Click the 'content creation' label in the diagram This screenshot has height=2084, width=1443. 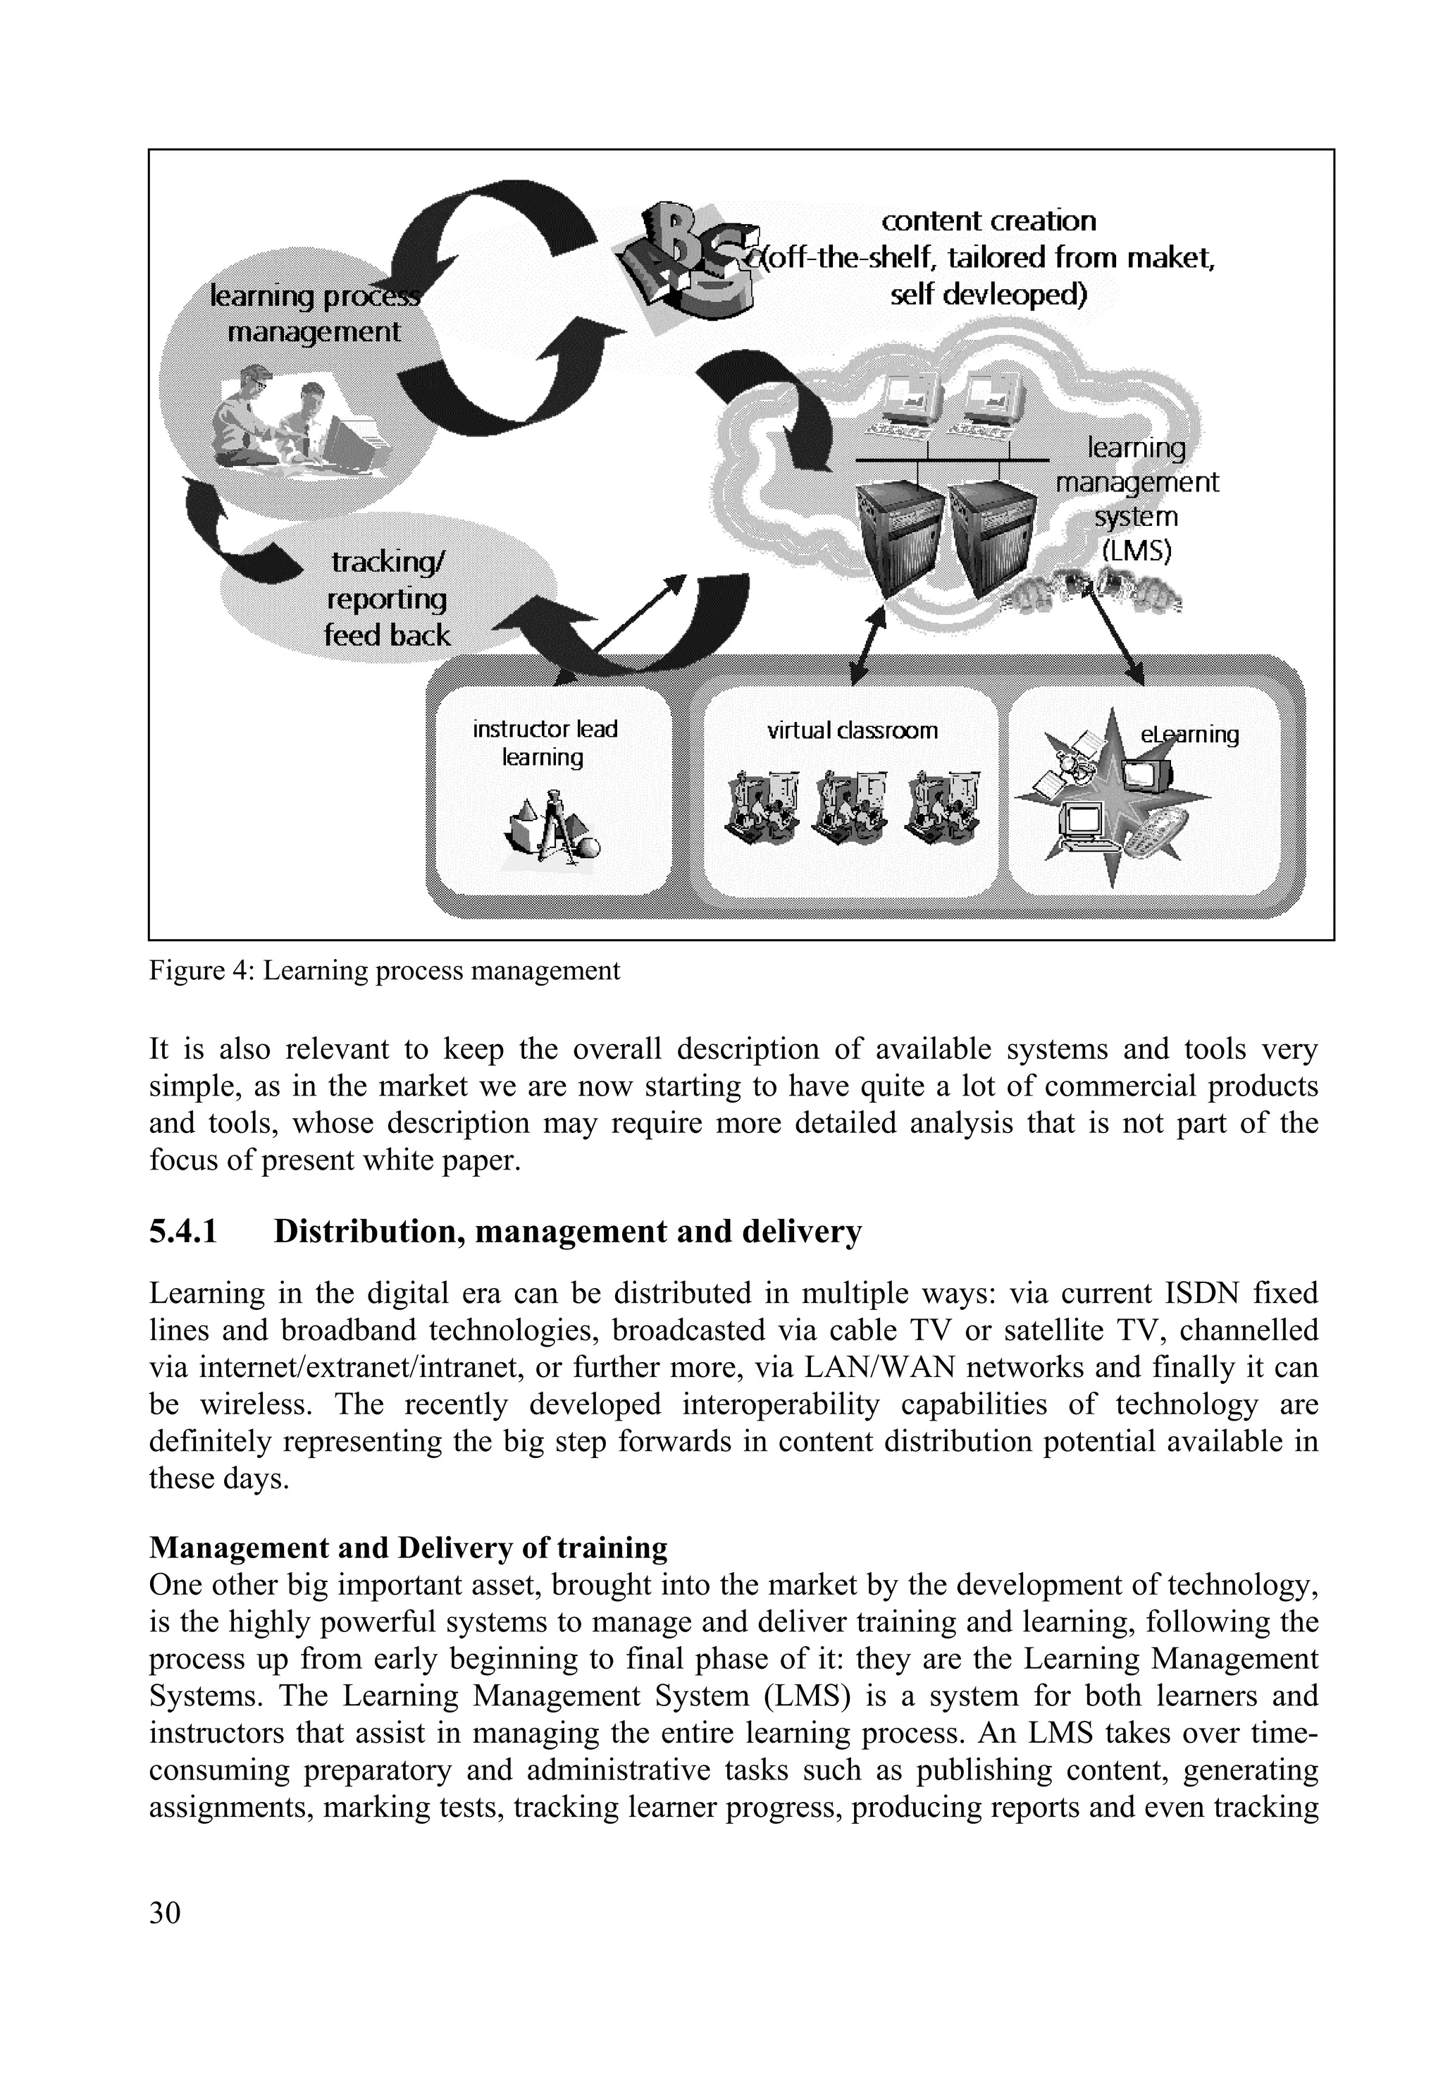tap(989, 221)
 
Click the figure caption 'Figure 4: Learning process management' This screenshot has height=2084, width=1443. tap(384, 971)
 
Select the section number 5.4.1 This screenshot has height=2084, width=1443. tap(183, 1232)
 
